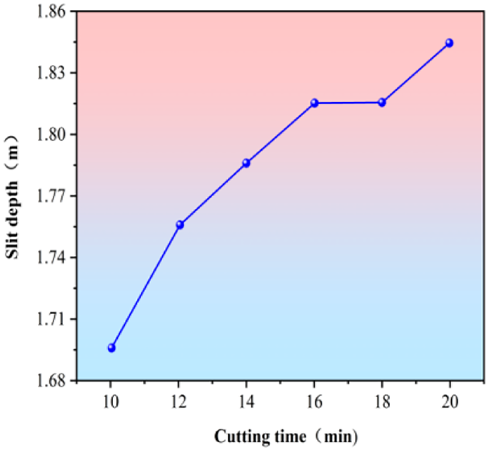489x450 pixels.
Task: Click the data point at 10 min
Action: click(x=111, y=347)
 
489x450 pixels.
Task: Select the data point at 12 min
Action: click(x=180, y=225)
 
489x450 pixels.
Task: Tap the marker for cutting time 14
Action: click(x=246, y=163)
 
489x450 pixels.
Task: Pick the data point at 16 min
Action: click(x=314, y=103)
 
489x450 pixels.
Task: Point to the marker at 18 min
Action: click(x=382, y=102)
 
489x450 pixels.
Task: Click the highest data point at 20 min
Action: click(x=449, y=43)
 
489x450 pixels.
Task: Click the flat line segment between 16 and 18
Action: click(x=348, y=103)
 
